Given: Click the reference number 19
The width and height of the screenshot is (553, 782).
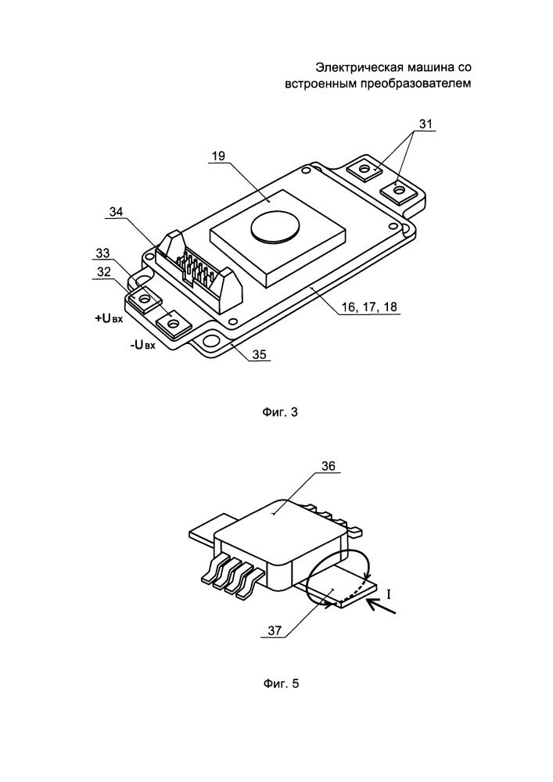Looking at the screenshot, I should [217, 156].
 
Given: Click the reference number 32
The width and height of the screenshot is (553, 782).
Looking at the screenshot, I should [102, 272].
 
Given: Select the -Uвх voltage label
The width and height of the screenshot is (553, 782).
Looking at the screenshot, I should [144, 346].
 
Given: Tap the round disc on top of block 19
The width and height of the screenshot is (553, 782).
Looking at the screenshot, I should [275, 228].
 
